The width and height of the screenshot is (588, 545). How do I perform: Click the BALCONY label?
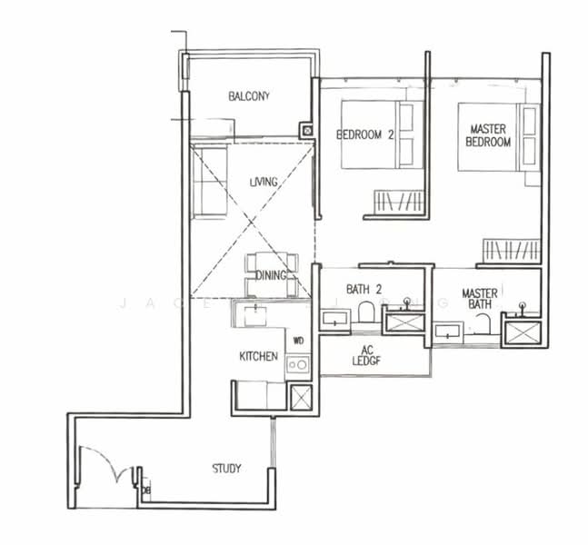click(248, 96)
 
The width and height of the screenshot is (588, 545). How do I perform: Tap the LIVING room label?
click(263, 183)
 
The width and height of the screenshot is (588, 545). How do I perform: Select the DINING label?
click(271, 276)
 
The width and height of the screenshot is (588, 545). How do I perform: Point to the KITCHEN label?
click(258, 357)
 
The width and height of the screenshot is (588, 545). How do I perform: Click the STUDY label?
click(226, 469)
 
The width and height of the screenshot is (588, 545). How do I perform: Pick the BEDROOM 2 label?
click(364, 135)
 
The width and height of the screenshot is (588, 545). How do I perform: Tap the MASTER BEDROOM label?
click(488, 136)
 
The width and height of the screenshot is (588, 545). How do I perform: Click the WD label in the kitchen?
click(297, 342)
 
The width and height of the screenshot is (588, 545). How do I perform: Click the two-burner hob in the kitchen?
click(297, 364)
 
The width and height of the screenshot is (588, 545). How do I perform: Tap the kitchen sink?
click(257, 314)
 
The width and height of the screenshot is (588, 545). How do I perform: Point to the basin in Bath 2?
click(334, 318)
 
